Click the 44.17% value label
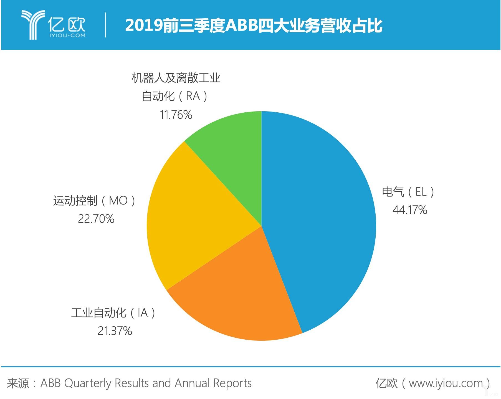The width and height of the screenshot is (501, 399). click(410, 210)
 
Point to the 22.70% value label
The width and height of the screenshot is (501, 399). click(96, 219)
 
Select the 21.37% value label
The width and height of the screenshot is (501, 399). click(115, 331)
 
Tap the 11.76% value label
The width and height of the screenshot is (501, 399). click(176, 115)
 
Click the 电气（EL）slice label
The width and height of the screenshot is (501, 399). click(408, 192)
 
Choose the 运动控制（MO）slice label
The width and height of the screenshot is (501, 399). click(94, 201)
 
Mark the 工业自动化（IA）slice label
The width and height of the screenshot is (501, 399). click(113, 313)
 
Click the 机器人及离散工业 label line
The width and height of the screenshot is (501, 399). click(176, 78)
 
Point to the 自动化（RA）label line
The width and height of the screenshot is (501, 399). click(175, 96)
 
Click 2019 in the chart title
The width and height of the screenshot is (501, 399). click(144, 26)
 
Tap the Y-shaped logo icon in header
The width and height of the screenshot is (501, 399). click(33, 24)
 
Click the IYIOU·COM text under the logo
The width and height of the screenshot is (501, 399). click(67, 35)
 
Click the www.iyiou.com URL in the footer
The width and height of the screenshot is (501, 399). click(446, 383)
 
